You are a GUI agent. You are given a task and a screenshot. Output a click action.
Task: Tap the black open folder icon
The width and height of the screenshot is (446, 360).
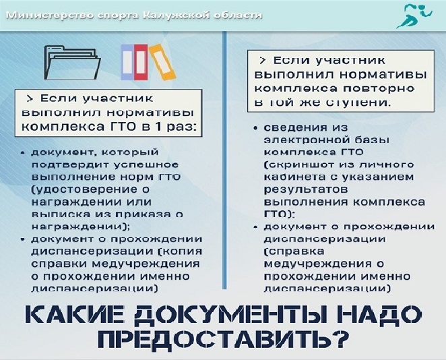pyautogui.click(x=72, y=63)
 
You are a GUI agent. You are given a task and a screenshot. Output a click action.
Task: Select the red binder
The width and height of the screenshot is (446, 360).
pyautogui.click(x=141, y=62)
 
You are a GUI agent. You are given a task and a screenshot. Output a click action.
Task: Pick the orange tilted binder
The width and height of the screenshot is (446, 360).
pyautogui.click(x=162, y=62)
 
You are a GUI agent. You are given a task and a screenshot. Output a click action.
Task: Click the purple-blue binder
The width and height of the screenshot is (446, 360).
pyautogui.click(x=127, y=62)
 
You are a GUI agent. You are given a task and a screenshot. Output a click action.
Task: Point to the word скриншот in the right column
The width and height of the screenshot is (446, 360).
pyautogui.click(x=302, y=164)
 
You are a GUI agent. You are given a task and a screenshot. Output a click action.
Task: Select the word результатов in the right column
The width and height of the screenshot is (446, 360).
pyautogui.click(x=306, y=190)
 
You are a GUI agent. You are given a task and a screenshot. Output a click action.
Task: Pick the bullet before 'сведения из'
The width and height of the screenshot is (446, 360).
pyautogui.click(x=256, y=128)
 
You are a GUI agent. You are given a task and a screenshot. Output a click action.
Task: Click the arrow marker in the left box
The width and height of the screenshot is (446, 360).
pyautogui.click(x=30, y=98)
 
